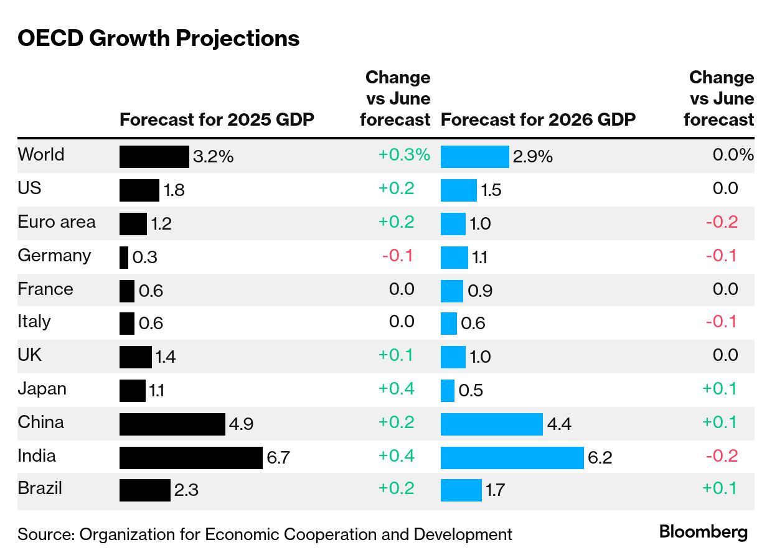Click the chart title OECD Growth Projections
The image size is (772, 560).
pos(159,39)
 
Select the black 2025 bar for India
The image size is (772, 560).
pos(191,457)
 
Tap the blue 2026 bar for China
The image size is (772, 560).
pos(491,424)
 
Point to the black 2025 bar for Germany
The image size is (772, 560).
pos(124,257)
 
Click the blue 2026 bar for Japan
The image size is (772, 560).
pos(447,390)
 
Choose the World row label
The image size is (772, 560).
pos(41,154)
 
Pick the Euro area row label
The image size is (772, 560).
pos(57,222)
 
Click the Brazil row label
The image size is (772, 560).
pos(40,488)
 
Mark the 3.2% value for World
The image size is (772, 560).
pos(214,157)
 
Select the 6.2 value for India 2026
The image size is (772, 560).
pos(600,459)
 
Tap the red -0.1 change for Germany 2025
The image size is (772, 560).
pos(398,256)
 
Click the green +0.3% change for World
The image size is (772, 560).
pos(404,155)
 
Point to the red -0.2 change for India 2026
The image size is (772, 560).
pos(722,456)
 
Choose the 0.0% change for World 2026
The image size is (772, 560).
pos(733,155)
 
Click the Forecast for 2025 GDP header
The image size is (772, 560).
pos(217,119)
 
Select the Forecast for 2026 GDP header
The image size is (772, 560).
pos(538,119)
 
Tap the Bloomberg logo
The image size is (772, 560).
pos(704,533)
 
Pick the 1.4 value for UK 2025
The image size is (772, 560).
pos(166,357)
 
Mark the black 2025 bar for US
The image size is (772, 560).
pos(139,190)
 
